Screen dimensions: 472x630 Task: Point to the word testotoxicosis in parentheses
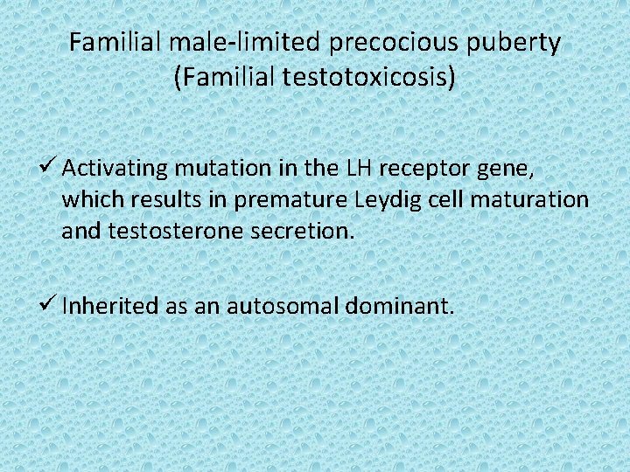pyautogui.click(x=366, y=78)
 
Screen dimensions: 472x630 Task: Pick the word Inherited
pyautogui.click(x=110, y=307)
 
